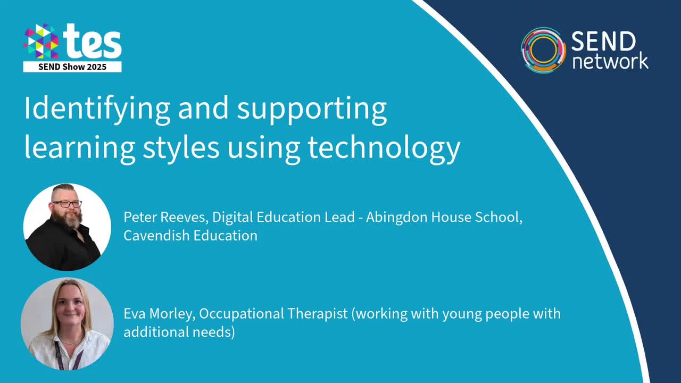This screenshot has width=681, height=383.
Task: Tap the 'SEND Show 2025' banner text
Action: coord(72,67)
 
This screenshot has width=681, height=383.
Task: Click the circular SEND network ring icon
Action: coord(543,50)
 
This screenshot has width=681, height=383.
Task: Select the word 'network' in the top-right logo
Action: coord(610,61)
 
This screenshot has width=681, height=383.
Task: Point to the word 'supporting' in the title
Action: coord(312,109)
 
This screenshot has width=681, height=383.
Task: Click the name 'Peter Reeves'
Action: coord(165,218)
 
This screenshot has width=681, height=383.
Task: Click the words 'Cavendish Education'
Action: coord(190,236)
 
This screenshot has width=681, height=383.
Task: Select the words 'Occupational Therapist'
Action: coord(273,314)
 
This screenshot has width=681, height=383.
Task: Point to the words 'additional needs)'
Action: coord(179,332)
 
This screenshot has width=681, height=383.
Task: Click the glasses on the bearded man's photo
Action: coord(68,204)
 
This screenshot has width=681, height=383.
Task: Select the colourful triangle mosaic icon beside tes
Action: coord(41,41)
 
